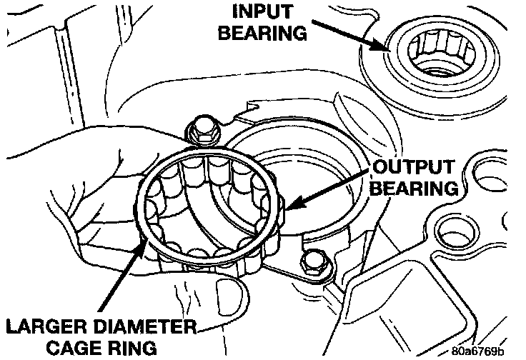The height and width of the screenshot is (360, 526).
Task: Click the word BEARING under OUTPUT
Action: click(412, 189)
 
